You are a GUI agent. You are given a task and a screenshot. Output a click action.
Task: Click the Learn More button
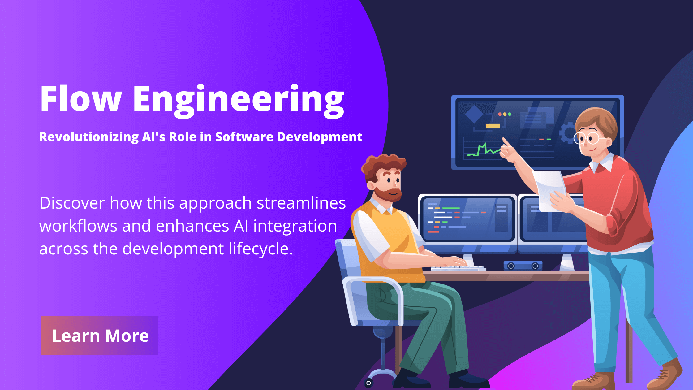pyautogui.click(x=99, y=335)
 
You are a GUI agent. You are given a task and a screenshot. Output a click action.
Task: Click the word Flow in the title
pyautogui.click(x=81, y=98)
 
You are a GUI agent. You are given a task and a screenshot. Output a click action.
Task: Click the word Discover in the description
pyautogui.click(x=72, y=203)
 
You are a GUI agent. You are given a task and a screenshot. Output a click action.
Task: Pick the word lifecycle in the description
pyautogui.click(x=260, y=249)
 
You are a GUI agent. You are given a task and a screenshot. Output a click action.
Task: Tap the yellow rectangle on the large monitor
pyautogui.click(x=493, y=126)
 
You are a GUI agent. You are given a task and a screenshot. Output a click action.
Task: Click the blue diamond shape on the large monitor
pyautogui.click(x=474, y=114)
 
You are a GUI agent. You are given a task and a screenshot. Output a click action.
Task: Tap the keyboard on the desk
pyautogui.click(x=458, y=268)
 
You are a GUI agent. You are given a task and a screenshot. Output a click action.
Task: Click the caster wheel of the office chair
pyautogui.click(x=368, y=383)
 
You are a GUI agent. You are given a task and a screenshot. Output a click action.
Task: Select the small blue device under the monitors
pyautogui.click(x=523, y=266)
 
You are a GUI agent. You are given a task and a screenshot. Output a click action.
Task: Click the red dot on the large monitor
pyautogui.click(x=500, y=114)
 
